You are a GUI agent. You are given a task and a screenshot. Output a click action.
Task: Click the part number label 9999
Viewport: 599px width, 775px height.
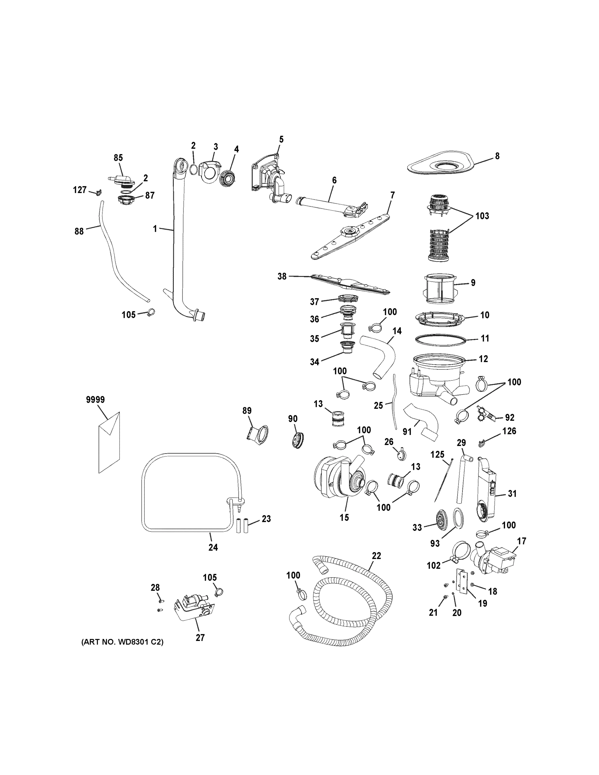(x=95, y=400)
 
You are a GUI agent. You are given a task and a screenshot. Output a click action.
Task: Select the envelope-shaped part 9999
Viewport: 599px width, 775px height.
(x=109, y=443)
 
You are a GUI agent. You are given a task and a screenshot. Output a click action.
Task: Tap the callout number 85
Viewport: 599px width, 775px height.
(x=118, y=158)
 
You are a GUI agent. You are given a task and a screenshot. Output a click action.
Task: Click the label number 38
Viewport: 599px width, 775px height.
(x=282, y=276)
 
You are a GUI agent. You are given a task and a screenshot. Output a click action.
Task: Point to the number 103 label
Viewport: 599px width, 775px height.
(x=482, y=216)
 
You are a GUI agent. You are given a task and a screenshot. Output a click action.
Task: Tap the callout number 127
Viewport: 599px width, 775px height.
(x=79, y=190)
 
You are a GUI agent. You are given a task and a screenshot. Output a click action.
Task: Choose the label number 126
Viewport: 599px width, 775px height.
(x=509, y=431)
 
